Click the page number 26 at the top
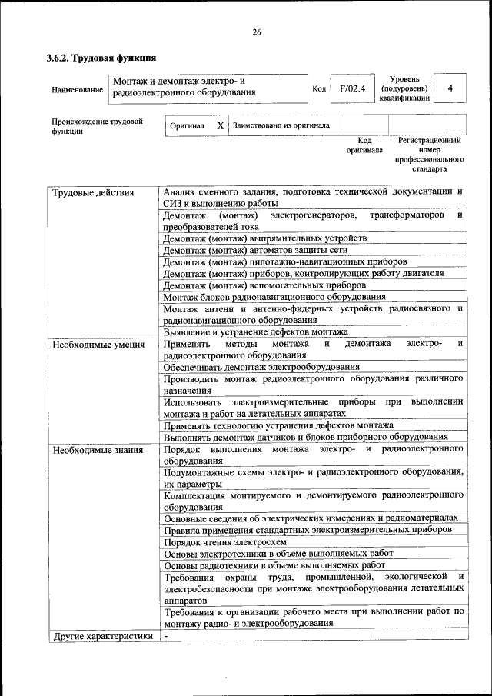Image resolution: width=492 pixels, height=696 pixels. (256, 32)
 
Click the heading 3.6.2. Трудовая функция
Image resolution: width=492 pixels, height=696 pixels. (101, 58)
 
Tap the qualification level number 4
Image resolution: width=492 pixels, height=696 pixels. (450, 88)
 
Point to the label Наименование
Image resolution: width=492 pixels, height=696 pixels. (77, 90)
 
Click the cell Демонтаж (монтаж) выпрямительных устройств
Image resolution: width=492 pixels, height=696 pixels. (265, 238)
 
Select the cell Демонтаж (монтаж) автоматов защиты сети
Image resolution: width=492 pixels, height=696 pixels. (256, 250)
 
